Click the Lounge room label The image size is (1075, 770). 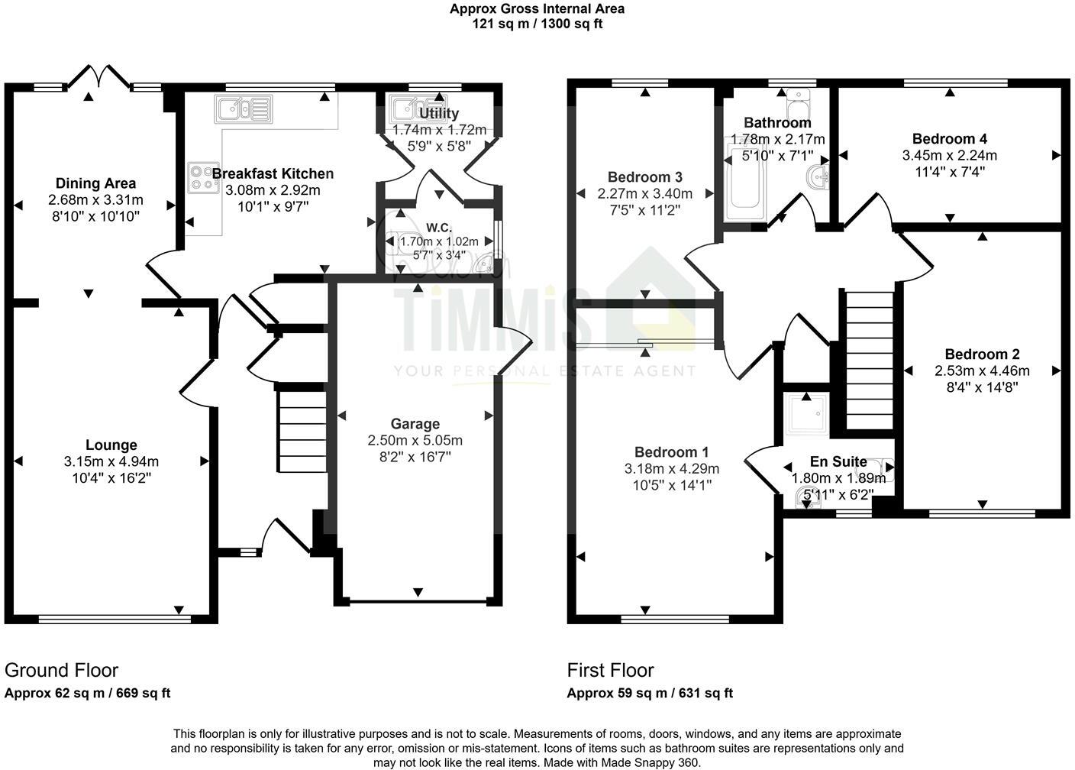click(x=111, y=445)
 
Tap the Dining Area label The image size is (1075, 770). click(x=96, y=183)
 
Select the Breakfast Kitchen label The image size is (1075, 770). click(x=273, y=173)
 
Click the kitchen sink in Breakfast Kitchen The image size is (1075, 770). click(x=244, y=108)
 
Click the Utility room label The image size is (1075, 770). click(x=439, y=114)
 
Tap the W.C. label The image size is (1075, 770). click(x=439, y=228)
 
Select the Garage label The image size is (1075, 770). click(x=415, y=424)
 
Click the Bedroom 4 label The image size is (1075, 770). click(x=950, y=139)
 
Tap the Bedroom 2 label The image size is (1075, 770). click(x=982, y=354)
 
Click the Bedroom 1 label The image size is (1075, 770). click(x=672, y=452)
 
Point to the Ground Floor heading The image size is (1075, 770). click(x=62, y=670)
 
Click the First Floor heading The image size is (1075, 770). click(x=611, y=670)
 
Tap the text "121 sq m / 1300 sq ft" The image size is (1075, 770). click(x=537, y=24)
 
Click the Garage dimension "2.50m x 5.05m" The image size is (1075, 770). click(x=415, y=441)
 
